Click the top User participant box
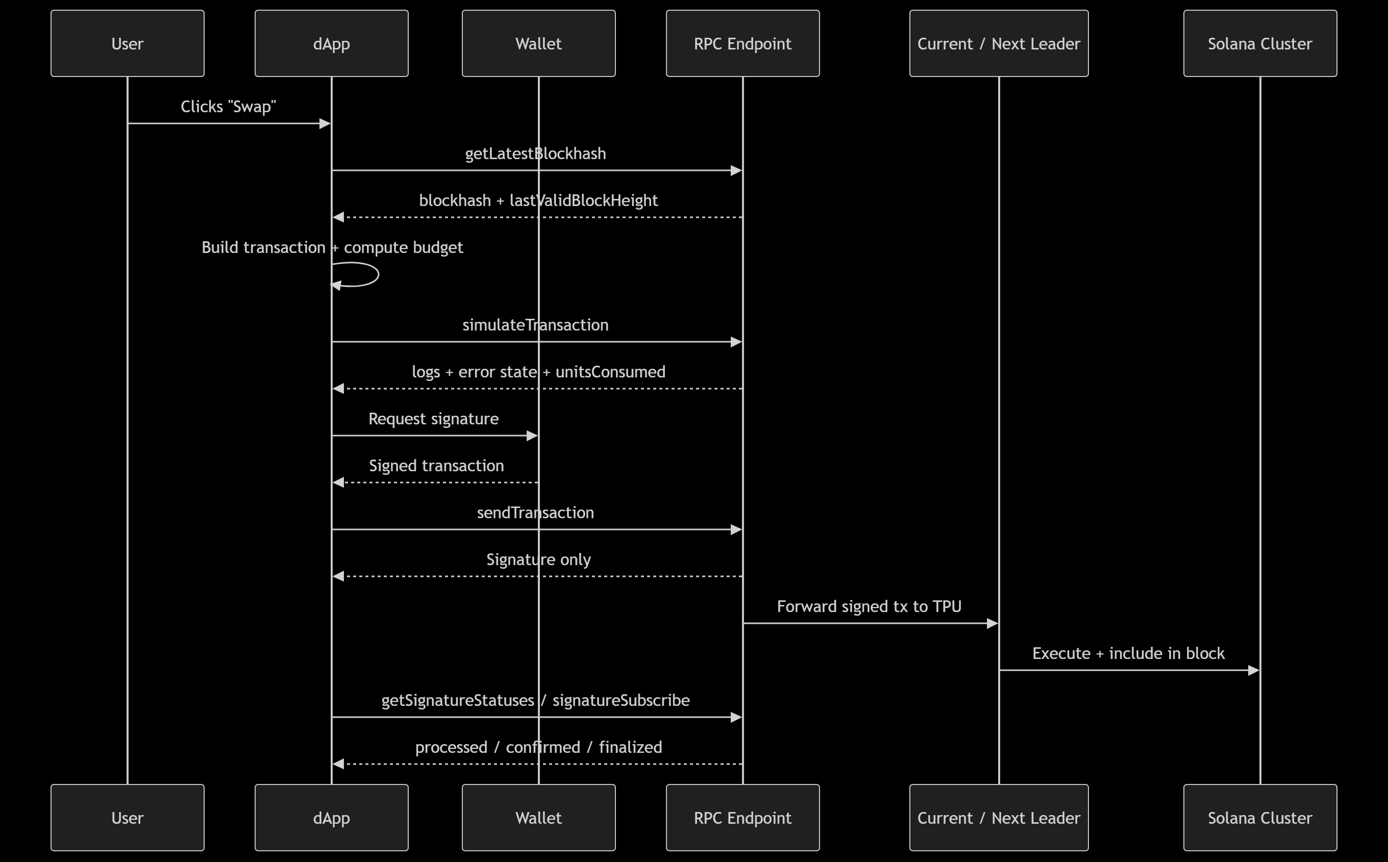click(x=127, y=43)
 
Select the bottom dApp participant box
click(x=331, y=818)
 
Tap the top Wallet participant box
click(x=538, y=43)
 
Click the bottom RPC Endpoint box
click(x=742, y=818)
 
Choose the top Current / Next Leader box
click(x=999, y=43)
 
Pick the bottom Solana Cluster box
click(x=1260, y=818)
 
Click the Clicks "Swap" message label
click(x=228, y=107)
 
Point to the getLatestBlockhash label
click(x=535, y=154)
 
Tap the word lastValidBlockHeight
click(x=583, y=200)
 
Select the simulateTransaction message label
click(x=535, y=325)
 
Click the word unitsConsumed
click(x=610, y=372)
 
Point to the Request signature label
click(x=433, y=419)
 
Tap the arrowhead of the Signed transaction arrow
click(x=338, y=483)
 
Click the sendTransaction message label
click(x=535, y=513)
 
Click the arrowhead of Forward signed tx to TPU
click(x=992, y=624)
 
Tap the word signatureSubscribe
click(x=621, y=700)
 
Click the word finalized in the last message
click(x=630, y=747)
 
